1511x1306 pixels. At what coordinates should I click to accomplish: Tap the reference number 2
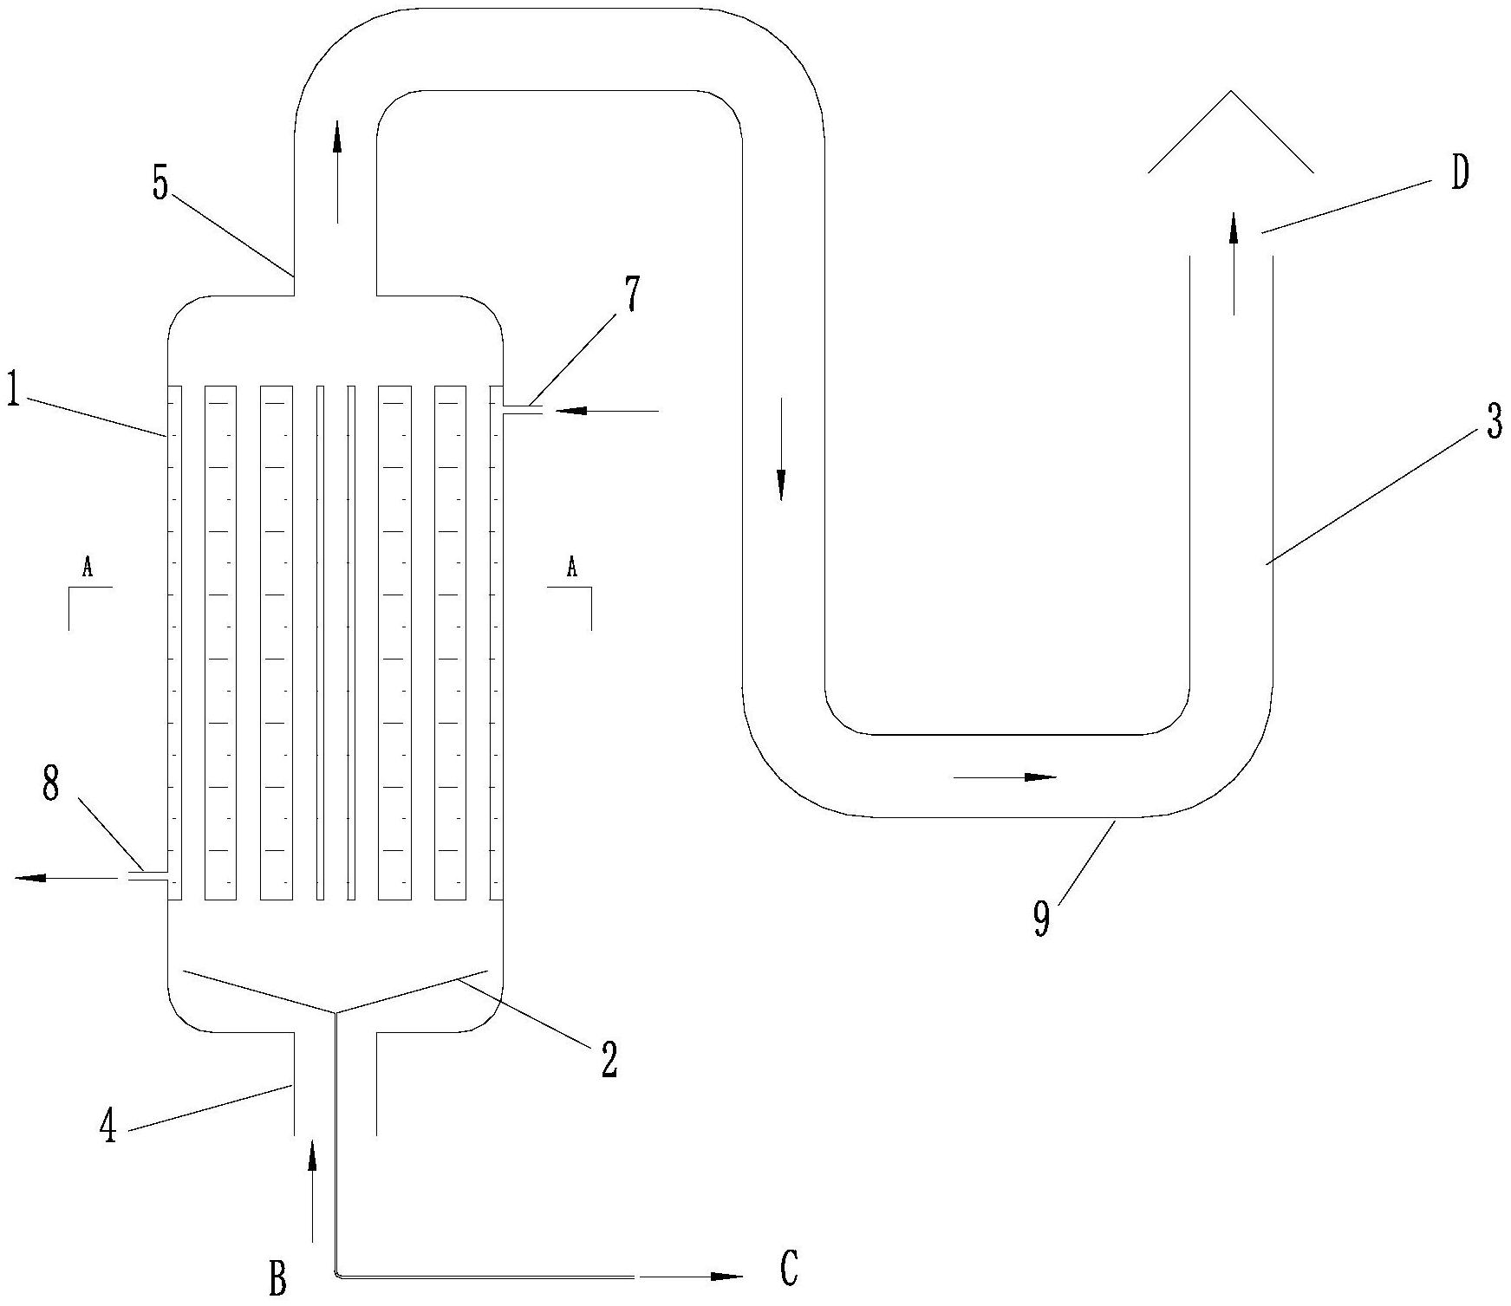(609, 1059)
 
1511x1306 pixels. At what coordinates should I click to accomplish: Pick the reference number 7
(632, 295)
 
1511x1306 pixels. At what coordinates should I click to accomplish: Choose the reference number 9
(1041, 919)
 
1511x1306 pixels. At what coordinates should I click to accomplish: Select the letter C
(788, 1269)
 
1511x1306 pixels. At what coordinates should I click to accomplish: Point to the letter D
(1460, 174)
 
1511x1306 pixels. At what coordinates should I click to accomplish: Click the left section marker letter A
(87, 568)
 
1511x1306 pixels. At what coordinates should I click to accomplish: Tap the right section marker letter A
(571, 568)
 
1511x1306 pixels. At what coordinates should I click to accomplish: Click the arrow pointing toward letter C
(694, 1277)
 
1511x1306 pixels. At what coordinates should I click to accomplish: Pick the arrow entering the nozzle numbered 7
(607, 410)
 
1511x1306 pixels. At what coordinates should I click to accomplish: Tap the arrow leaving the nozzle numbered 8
(65, 878)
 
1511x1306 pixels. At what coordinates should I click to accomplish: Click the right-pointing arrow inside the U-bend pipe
(1006, 777)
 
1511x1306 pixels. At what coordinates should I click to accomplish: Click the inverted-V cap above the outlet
(1230, 130)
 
